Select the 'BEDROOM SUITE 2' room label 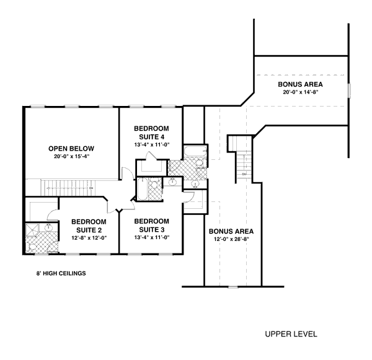click(x=87, y=225)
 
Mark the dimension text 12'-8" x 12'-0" click(x=87, y=237)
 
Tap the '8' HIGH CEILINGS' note click(x=60, y=273)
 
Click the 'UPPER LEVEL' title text click(x=291, y=334)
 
